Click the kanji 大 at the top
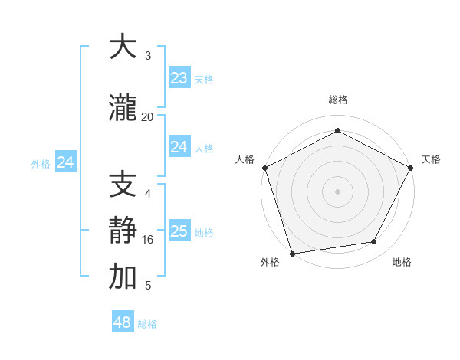point(123,47)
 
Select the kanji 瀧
point(123,109)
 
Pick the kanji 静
point(123,231)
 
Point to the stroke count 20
point(148,116)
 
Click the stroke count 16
point(148,239)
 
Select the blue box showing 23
point(179,77)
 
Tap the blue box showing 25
point(179,231)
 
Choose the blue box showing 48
point(123,322)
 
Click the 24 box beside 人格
point(179,147)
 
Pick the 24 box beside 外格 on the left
point(66,162)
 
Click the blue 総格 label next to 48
point(147,324)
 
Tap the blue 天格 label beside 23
point(203,79)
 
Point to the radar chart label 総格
point(337,100)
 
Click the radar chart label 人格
point(245,159)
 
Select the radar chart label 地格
point(402,262)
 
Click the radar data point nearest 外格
point(292,253)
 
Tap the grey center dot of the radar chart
point(337,191)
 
